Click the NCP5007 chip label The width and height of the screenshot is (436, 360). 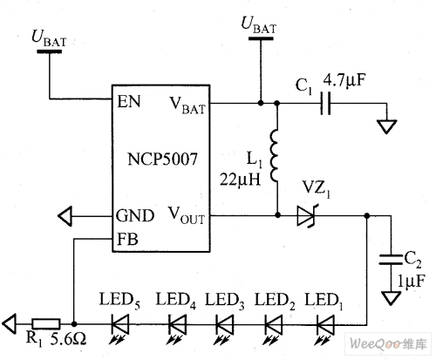[x=162, y=159]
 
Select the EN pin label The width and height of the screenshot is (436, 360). [x=129, y=101]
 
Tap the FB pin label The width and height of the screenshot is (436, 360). [x=127, y=239]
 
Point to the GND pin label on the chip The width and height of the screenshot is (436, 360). [x=135, y=216]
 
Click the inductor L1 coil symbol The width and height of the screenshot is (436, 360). [x=275, y=156]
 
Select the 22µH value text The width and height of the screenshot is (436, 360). [x=240, y=180]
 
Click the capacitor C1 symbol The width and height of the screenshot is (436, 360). [x=325, y=103]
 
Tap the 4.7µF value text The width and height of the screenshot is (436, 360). [x=344, y=80]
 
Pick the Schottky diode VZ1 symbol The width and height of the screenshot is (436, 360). [x=308, y=216]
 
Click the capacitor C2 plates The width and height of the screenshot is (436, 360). [x=391, y=260]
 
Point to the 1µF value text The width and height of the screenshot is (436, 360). [x=411, y=281]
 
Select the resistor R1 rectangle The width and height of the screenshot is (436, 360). [x=46, y=323]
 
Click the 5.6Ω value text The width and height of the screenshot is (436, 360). [x=69, y=339]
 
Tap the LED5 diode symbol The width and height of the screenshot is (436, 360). [x=120, y=324]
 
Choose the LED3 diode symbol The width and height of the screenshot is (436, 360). [x=224, y=324]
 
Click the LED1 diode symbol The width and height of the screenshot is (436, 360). [x=325, y=324]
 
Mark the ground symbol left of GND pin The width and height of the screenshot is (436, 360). [x=65, y=216]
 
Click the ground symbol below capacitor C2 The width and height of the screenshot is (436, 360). [x=391, y=299]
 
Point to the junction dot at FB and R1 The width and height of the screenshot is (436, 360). [x=74, y=323]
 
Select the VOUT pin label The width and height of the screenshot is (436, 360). [x=187, y=216]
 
